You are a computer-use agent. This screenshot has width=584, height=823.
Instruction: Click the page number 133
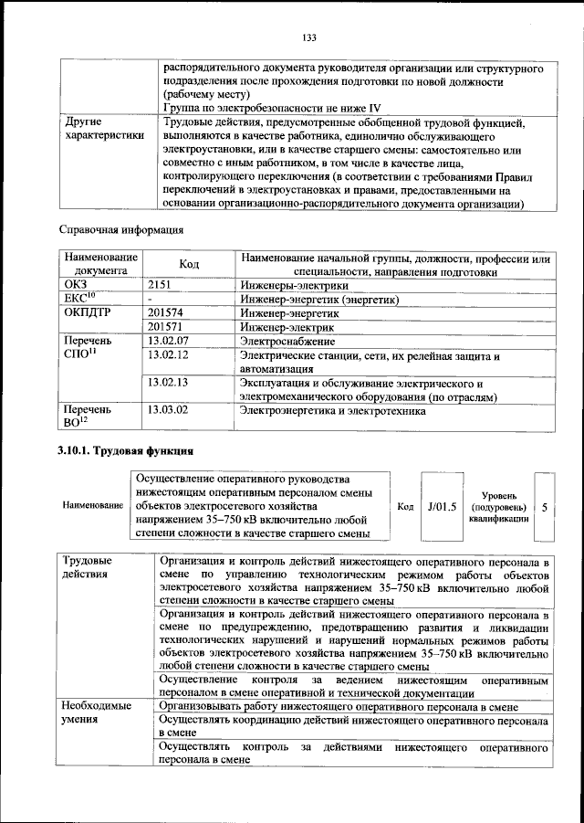coord(308,37)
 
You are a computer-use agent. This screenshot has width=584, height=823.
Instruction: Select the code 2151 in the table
coord(160,285)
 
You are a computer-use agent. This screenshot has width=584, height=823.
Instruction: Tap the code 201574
coord(165,312)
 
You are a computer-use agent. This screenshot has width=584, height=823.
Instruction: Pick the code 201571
coord(165,326)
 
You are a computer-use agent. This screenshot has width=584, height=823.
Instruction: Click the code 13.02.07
coord(167,340)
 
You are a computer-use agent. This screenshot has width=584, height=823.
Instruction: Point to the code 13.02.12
coord(167,354)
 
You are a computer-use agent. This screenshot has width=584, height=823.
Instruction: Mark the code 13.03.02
coord(167,411)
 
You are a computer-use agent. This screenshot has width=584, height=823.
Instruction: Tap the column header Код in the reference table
coord(189,264)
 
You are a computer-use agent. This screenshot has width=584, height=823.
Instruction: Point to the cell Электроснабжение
coord(287,340)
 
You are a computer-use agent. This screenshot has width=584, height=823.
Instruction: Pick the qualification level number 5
coord(545,506)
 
